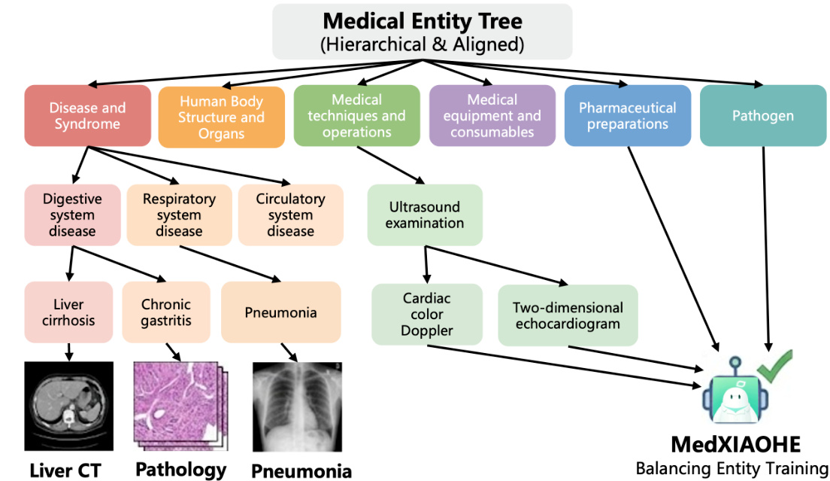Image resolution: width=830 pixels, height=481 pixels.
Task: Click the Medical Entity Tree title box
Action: pos(422,32)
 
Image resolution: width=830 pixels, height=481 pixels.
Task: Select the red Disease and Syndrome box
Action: pos(87,116)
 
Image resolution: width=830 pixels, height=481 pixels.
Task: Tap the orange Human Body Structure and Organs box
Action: pos(221,117)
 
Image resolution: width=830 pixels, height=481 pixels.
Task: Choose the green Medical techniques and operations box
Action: pos(356,116)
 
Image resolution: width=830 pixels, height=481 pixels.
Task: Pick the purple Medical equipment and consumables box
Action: pos(492,116)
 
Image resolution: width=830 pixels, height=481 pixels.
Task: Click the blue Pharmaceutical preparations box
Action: pos(627,116)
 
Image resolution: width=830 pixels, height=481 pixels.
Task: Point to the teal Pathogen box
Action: pos(763,116)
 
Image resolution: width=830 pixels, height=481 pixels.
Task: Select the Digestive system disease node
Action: pos(72,215)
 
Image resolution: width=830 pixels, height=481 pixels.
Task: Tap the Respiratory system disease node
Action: pos(179,215)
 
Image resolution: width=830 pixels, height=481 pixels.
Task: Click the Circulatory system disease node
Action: pos(290,215)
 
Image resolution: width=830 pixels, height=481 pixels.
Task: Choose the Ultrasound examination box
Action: pos(425,215)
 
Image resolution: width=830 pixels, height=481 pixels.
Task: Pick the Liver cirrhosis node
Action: pos(68,312)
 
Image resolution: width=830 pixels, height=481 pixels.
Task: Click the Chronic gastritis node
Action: pos(166,312)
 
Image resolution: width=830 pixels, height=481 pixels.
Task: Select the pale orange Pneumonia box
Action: pos(280,312)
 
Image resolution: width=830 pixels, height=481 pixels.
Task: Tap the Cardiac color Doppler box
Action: pos(426,315)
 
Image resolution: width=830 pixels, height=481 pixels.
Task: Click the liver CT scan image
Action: pos(68,406)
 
